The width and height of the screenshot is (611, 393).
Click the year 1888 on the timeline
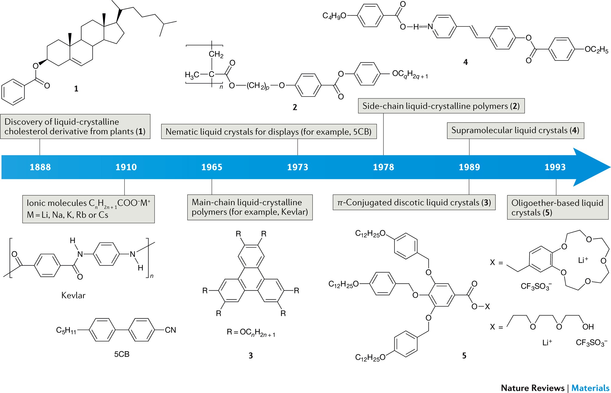[40, 167]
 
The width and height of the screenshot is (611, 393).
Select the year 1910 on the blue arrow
[126, 167]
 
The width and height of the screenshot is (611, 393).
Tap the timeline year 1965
[212, 167]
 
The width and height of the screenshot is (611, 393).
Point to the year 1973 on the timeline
[298, 167]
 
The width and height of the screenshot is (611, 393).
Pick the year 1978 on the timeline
[383, 167]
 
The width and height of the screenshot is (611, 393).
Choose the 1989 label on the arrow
[469, 167]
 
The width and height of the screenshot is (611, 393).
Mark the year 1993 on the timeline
[555, 167]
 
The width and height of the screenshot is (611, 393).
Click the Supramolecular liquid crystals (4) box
[515, 131]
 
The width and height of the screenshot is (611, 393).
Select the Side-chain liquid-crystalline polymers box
[441, 106]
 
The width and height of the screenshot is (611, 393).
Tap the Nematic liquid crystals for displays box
[269, 132]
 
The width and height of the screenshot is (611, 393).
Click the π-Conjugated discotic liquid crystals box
[414, 203]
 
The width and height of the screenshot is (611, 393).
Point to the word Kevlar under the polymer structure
[73, 296]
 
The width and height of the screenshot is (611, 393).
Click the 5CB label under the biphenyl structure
[122, 354]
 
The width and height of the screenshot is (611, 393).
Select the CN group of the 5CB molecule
[170, 330]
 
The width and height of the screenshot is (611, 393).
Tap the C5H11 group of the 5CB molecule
[66, 331]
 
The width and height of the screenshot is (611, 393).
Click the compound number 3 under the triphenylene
[251, 356]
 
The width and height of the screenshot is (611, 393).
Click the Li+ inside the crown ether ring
[583, 260]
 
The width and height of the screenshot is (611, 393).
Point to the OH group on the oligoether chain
[588, 327]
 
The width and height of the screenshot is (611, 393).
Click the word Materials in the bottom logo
[590, 388]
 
